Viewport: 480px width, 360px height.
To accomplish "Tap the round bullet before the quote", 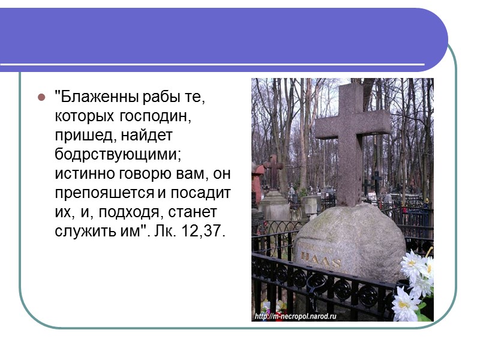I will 41,97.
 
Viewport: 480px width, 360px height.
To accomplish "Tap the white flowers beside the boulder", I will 415,282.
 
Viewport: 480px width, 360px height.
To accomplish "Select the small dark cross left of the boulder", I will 272,170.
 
